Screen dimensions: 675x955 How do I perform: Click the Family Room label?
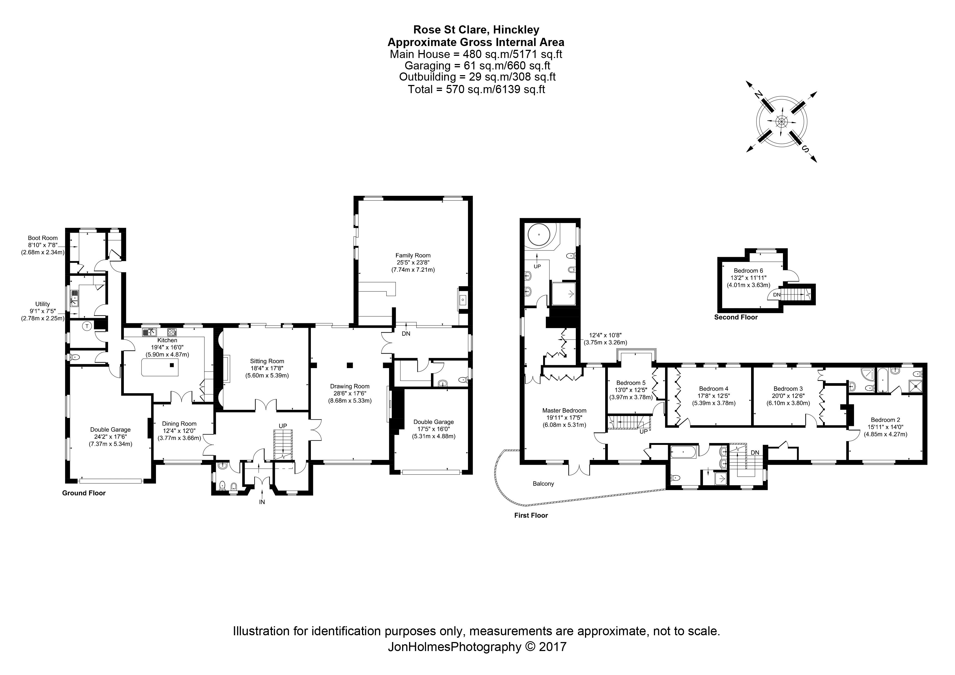tap(413, 255)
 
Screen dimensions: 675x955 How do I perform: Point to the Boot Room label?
tap(43, 238)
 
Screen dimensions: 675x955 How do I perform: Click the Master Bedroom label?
tap(564, 411)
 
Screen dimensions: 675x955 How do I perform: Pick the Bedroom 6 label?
tap(748, 271)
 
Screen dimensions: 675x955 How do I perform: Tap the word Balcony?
tap(543, 484)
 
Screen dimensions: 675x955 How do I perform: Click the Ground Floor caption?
tap(84, 493)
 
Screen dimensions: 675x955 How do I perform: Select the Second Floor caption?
tap(736, 317)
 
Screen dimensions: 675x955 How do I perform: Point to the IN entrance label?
tap(262, 502)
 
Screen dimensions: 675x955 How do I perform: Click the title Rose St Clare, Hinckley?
tap(476, 30)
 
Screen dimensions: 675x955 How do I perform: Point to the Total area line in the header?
tap(476, 89)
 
